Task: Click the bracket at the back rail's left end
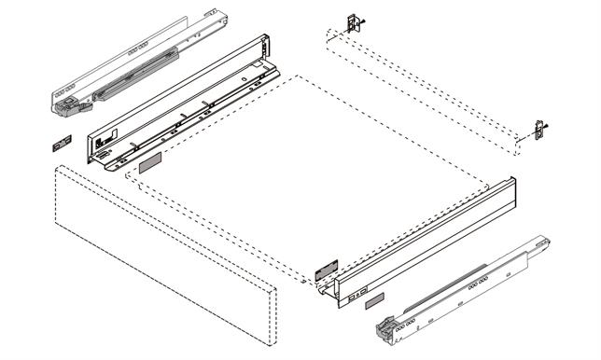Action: coord(353,23)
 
